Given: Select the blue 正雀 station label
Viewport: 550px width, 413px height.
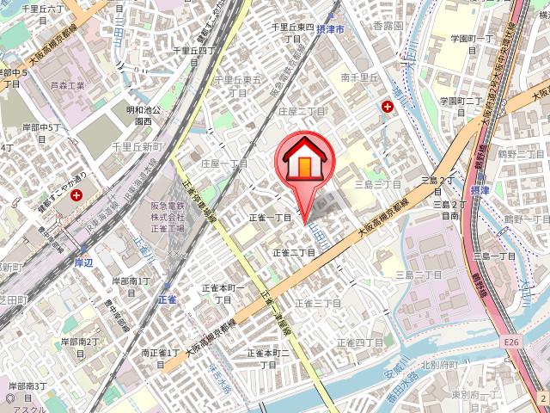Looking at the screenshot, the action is coord(167,299).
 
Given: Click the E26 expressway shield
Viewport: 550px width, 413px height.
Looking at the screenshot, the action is coord(513,343).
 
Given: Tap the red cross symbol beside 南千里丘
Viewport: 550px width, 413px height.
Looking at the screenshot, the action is coord(388,108).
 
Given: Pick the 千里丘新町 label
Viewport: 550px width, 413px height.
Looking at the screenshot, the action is coord(137,148).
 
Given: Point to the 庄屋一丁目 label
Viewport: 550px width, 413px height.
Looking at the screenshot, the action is coord(223,163).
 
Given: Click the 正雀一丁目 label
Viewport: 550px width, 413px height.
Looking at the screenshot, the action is coord(272,219).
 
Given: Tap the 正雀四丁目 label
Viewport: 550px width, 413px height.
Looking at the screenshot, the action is coord(365,343).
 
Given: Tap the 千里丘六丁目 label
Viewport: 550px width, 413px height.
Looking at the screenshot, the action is coord(44,8).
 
